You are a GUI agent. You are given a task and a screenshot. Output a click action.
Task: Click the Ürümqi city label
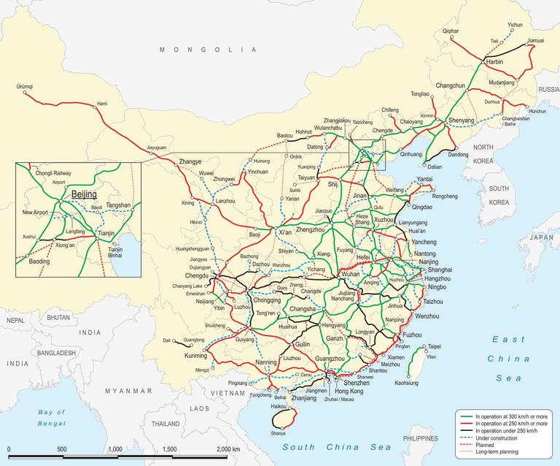pyautogui.click(x=24, y=87)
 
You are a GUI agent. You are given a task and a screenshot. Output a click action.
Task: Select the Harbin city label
pyautogui.click(x=495, y=63)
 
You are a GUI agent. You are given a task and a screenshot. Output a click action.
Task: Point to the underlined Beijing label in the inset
pyautogui.click(x=84, y=196)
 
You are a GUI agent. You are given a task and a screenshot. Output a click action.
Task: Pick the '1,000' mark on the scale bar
pyautogui.click(x=114, y=448)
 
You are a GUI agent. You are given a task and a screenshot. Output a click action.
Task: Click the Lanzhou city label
pyautogui.click(x=226, y=200)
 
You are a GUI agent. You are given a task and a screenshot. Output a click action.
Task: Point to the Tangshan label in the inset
pyautogui.click(x=117, y=205)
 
